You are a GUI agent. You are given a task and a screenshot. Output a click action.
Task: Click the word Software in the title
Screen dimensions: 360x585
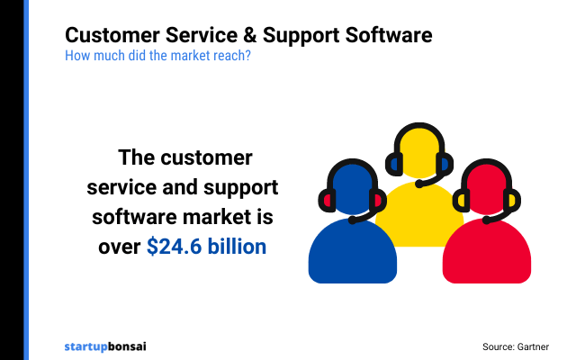click(386, 36)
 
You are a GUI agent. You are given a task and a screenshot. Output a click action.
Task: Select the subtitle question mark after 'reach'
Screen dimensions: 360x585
click(248, 55)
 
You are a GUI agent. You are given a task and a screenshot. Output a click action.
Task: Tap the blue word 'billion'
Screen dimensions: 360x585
click(238, 246)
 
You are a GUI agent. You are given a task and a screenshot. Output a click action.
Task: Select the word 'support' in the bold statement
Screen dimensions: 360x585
click(237, 188)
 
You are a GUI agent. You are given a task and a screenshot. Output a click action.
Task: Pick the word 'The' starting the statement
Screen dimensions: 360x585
click(137, 159)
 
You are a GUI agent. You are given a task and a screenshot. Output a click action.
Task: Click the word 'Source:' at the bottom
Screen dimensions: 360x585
click(498, 346)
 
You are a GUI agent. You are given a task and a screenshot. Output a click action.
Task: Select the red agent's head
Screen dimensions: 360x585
click(486, 192)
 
